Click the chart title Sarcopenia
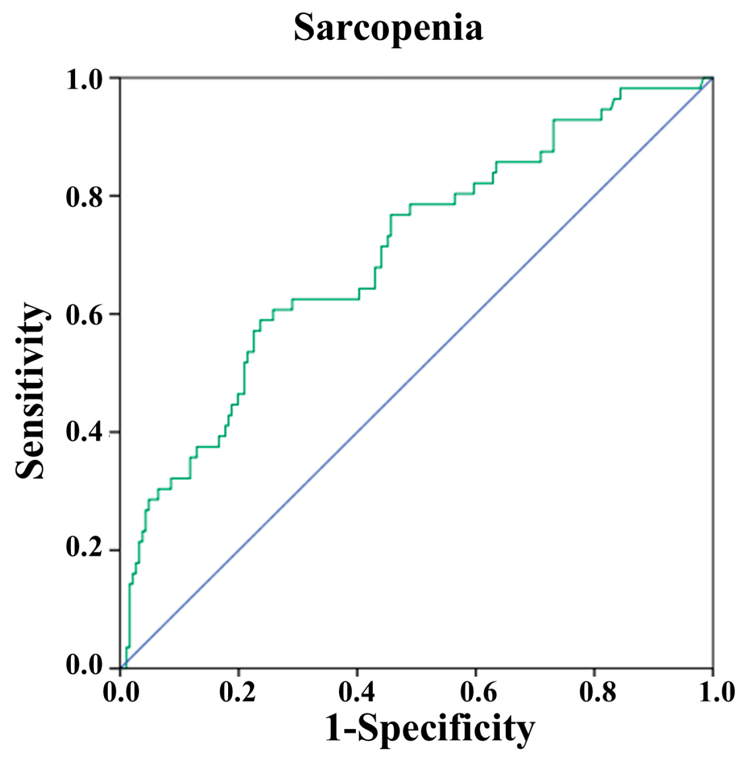(388, 27)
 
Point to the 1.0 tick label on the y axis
(84, 79)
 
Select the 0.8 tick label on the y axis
(84, 197)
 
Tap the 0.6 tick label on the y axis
(84, 315)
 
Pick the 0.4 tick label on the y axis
(84, 433)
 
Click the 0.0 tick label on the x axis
(121, 692)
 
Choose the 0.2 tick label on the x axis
(238, 692)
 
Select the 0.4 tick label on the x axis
(356, 692)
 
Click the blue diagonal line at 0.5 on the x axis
(416, 373)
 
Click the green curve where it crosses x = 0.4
(357, 299)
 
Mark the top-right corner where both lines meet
(712, 78)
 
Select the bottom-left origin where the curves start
(121, 668)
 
